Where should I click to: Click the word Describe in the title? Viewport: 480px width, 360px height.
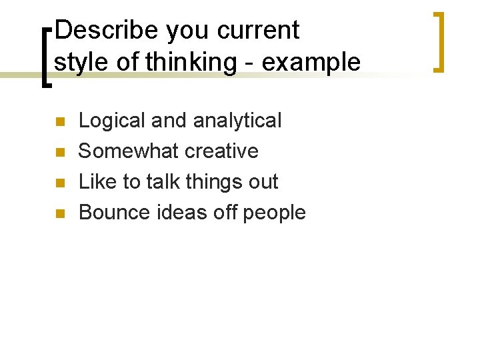(x=107, y=31)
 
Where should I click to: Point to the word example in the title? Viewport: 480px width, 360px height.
(x=311, y=63)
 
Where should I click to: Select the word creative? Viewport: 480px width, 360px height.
(x=221, y=151)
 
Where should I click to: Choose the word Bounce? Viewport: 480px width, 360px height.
(x=113, y=213)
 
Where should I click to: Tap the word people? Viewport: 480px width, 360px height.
(x=274, y=213)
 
